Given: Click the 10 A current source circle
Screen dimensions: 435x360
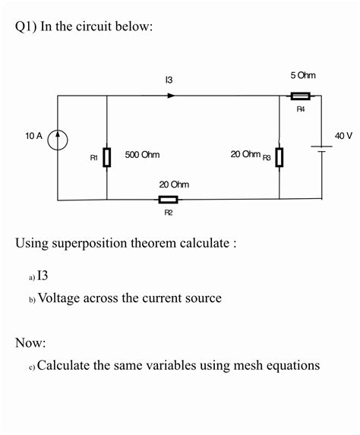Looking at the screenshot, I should [58, 140].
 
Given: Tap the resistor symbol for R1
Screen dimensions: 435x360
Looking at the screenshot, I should [107, 157].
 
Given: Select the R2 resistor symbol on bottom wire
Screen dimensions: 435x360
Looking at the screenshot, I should [168, 200].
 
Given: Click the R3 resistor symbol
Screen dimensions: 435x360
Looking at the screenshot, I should [279, 157].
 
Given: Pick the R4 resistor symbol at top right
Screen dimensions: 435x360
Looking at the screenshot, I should [300, 96].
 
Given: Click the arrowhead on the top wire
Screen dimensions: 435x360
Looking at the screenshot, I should [172, 96].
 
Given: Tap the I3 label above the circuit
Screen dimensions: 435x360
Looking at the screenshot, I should [169, 80].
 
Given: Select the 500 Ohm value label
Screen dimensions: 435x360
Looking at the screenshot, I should [142, 154].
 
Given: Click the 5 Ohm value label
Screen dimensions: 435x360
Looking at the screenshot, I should [302, 75].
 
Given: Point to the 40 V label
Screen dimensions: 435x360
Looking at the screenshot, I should [343, 135].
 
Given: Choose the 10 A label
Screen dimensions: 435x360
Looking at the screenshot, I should [33, 136].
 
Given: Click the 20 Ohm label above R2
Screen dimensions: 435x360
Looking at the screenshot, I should [174, 184].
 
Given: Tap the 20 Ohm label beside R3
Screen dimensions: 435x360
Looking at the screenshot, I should [245, 154].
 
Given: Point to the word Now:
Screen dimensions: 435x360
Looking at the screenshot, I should [30, 343].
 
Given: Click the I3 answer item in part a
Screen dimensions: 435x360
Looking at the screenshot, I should [43, 276].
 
